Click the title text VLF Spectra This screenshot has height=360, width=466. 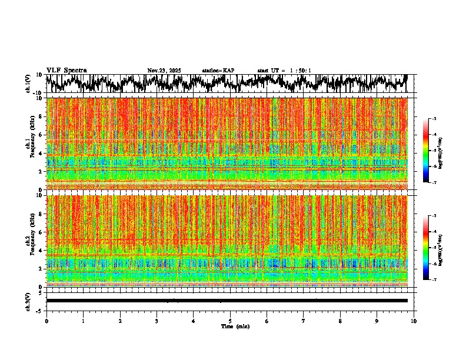[x=66, y=71]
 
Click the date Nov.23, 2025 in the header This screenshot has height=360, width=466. [x=164, y=71]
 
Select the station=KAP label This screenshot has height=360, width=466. [x=218, y=71]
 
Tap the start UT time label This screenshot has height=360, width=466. [x=284, y=71]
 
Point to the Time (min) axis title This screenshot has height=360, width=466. [x=235, y=326]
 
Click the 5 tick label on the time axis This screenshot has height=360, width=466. [x=230, y=321]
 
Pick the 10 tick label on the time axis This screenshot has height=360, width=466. [x=414, y=321]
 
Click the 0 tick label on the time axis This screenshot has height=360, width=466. [x=46, y=321]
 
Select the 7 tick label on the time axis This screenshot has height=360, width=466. [x=304, y=321]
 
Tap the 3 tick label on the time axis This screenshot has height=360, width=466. [x=157, y=321]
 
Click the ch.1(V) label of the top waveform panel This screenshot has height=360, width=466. [x=28, y=84]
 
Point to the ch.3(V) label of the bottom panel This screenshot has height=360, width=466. [x=28, y=300]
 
